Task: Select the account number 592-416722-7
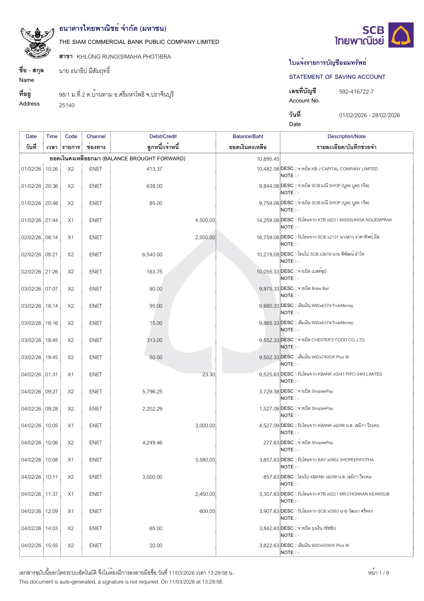click(356, 91)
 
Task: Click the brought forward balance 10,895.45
click(268, 159)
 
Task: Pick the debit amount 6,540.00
click(152, 255)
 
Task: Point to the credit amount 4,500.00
click(205, 220)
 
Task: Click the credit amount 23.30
click(208, 375)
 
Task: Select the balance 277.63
click(271, 443)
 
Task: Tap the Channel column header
click(96, 136)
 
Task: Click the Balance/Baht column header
click(248, 136)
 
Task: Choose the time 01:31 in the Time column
click(52, 375)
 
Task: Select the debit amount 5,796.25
click(152, 391)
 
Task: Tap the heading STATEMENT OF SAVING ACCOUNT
click(337, 77)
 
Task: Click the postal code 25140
click(67, 105)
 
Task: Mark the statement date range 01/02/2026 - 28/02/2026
click(369, 115)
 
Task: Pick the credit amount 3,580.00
click(205, 460)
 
